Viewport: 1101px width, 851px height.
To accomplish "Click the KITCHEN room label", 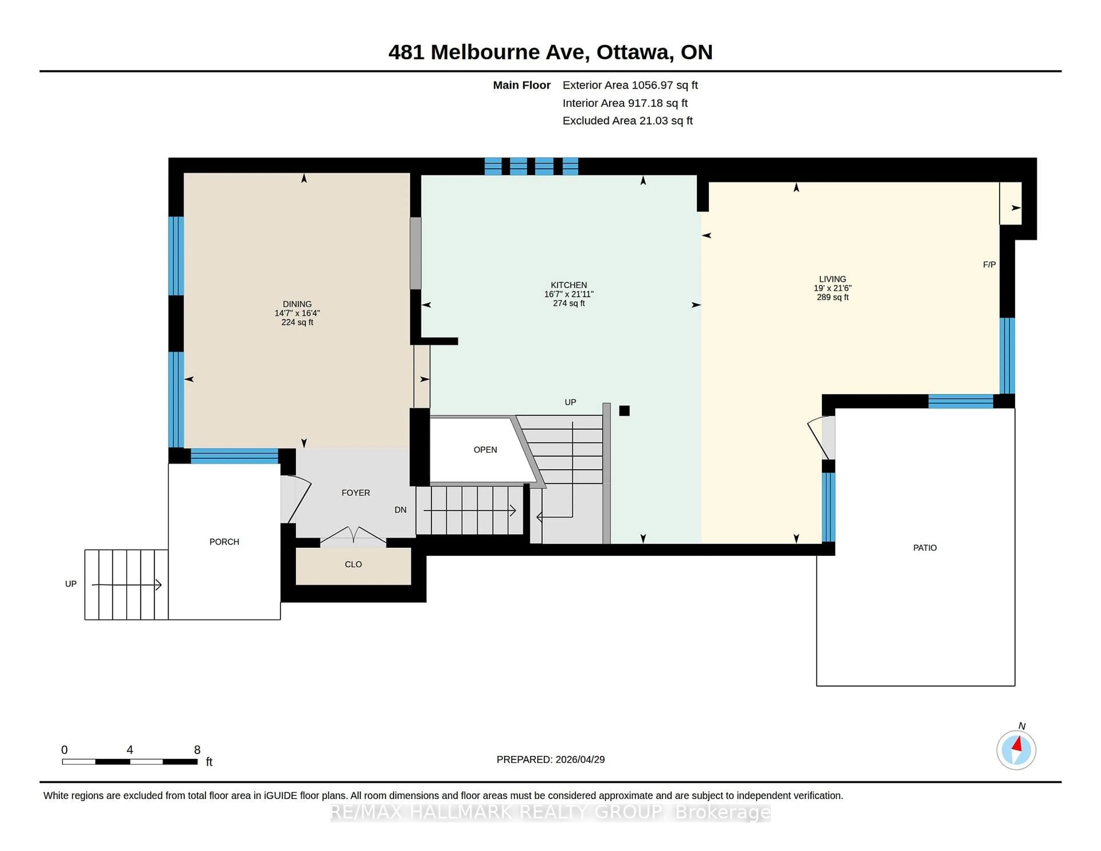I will [568, 285].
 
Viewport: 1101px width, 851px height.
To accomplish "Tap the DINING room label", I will [297, 304].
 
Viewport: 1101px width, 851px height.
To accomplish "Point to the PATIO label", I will [925, 548].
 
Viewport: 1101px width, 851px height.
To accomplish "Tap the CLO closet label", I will [353, 565].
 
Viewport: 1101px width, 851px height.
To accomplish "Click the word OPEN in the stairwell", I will [485, 450].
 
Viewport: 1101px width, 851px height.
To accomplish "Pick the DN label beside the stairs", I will [400, 510].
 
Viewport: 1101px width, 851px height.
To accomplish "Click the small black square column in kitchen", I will [624, 411].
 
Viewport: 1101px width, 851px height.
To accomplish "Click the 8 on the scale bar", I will [197, 750].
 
